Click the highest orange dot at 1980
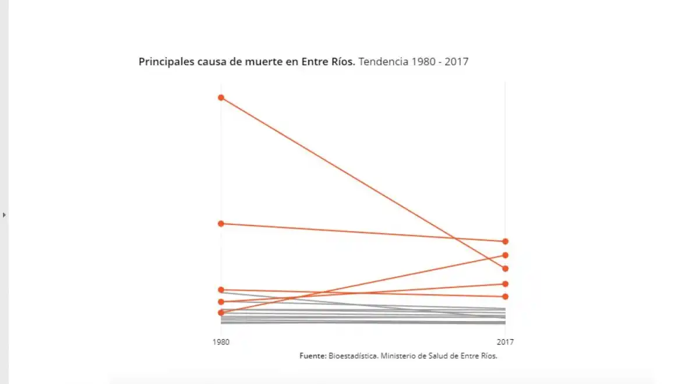click(221, 97)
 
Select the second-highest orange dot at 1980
click(221, 224)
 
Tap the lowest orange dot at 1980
click(221, 313)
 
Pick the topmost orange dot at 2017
click(506, 241)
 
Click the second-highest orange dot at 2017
click(506, 255)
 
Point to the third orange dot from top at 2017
click(506, 269)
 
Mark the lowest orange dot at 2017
click(506, 297)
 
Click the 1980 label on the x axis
click(221, 342)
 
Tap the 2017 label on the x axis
click(505, 342)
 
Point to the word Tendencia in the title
click(383, 62)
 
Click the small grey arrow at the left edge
click(5, 215)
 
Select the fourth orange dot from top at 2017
click(506, 284)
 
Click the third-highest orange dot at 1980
click(221, 290)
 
